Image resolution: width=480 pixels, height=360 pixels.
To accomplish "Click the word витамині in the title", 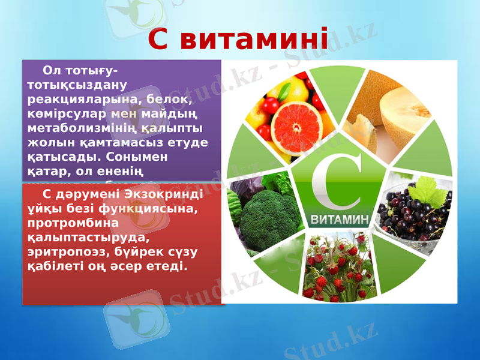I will pyautogui.click(x=254, y=40).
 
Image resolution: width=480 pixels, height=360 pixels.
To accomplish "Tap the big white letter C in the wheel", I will pyautogui.click(x=336, y=177).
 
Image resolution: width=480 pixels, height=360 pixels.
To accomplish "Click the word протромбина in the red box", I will pyautogui.click(x=67, y=223).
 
